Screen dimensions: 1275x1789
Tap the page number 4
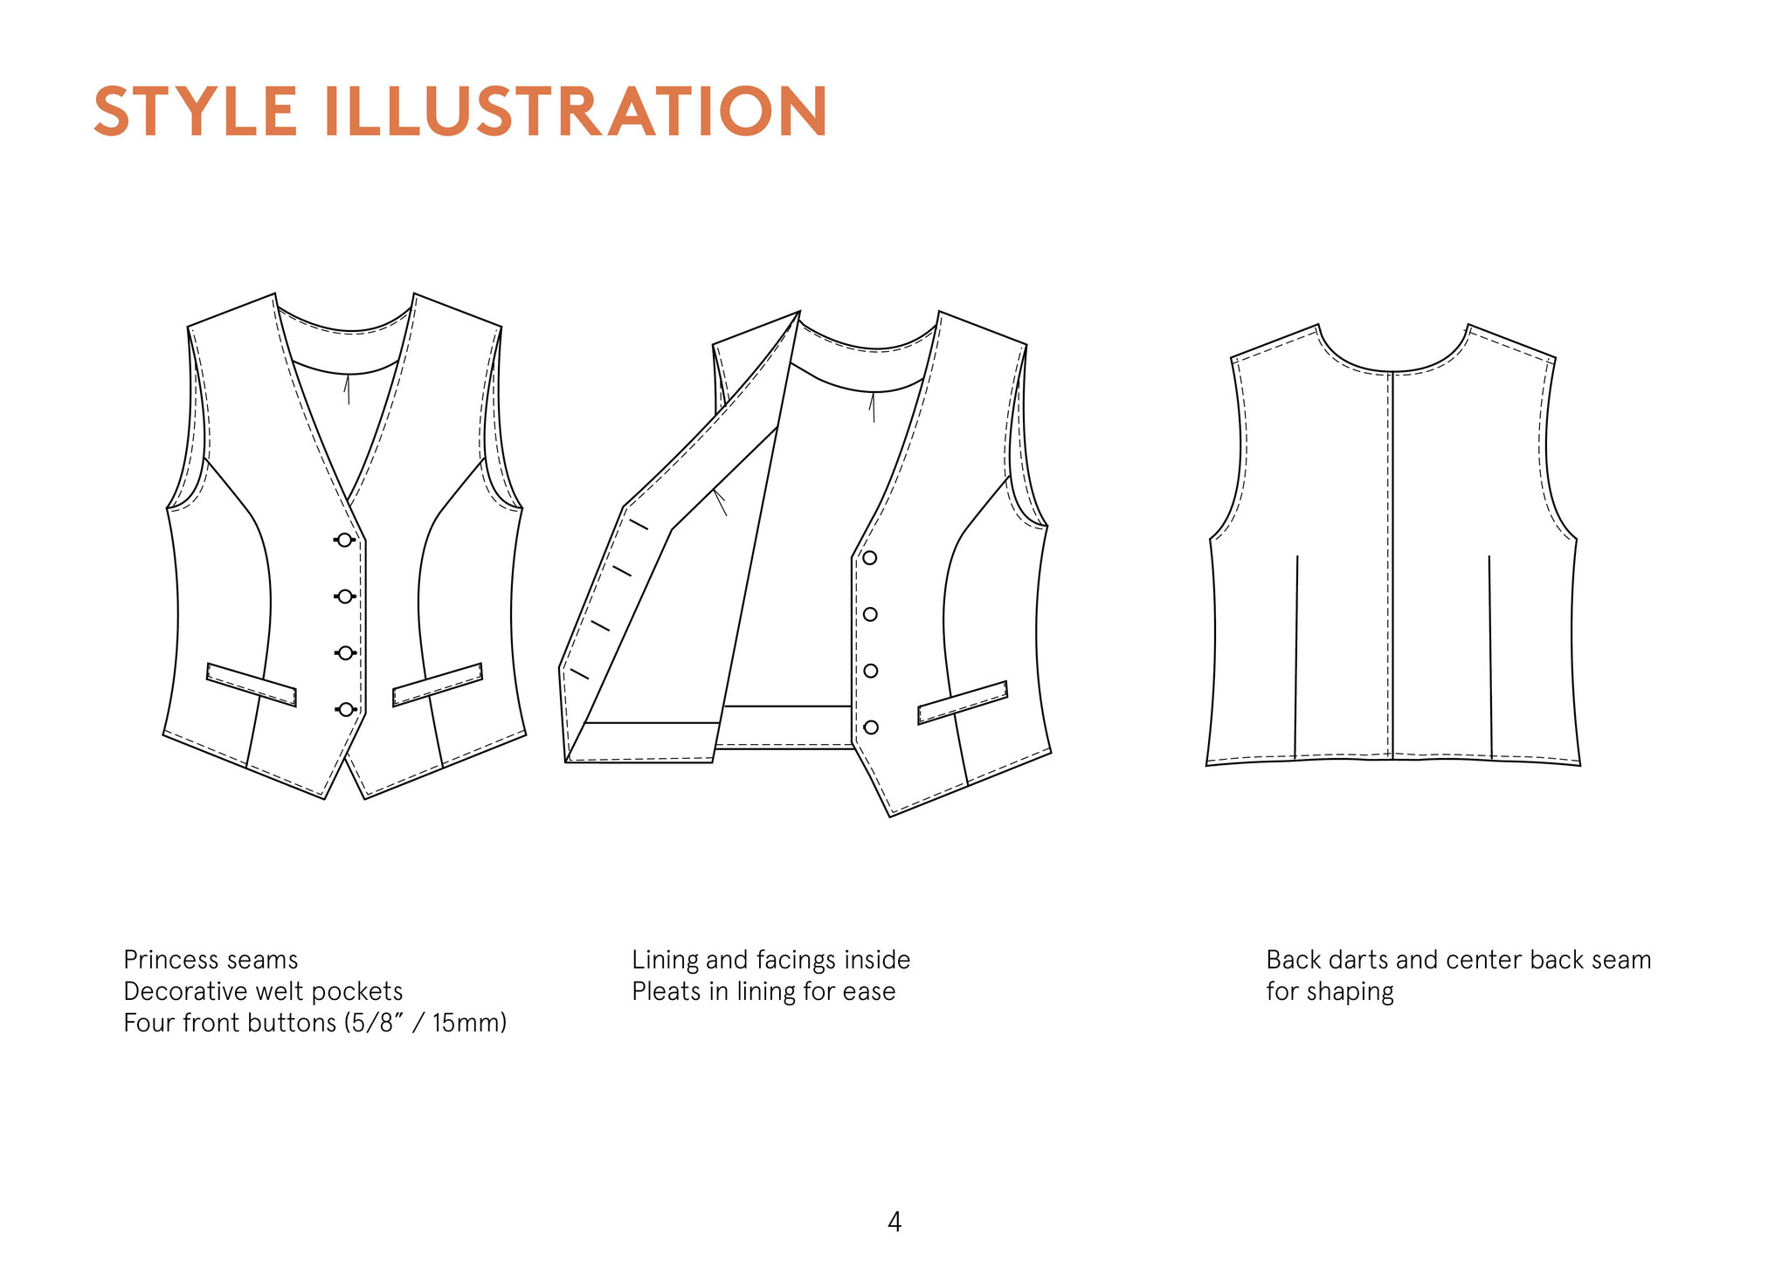click(894, 1221)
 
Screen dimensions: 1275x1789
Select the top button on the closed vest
click(345, 541)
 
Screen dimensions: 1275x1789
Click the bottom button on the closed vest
click(346, 709)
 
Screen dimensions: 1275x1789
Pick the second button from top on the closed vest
click(345, 596)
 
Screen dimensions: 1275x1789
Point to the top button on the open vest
click(869, 558)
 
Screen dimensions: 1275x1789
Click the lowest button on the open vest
click(871, 727)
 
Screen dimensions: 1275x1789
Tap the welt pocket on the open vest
click(962, 703)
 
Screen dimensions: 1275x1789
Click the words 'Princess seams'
click(211, 960)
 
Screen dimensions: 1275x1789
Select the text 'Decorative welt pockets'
click(263, 991)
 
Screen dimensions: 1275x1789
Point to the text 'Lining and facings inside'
click(770, 960)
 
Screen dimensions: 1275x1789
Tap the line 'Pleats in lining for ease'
click(763, 991)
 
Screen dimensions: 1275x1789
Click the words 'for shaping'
click(1330, 991)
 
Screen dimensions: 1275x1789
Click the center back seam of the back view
click(1392, 568)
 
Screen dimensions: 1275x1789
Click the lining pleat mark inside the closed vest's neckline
click(347, 389)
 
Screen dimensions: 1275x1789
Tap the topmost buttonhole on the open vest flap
click(639, 524)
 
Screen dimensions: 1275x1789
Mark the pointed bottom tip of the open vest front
click(890, 816)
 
